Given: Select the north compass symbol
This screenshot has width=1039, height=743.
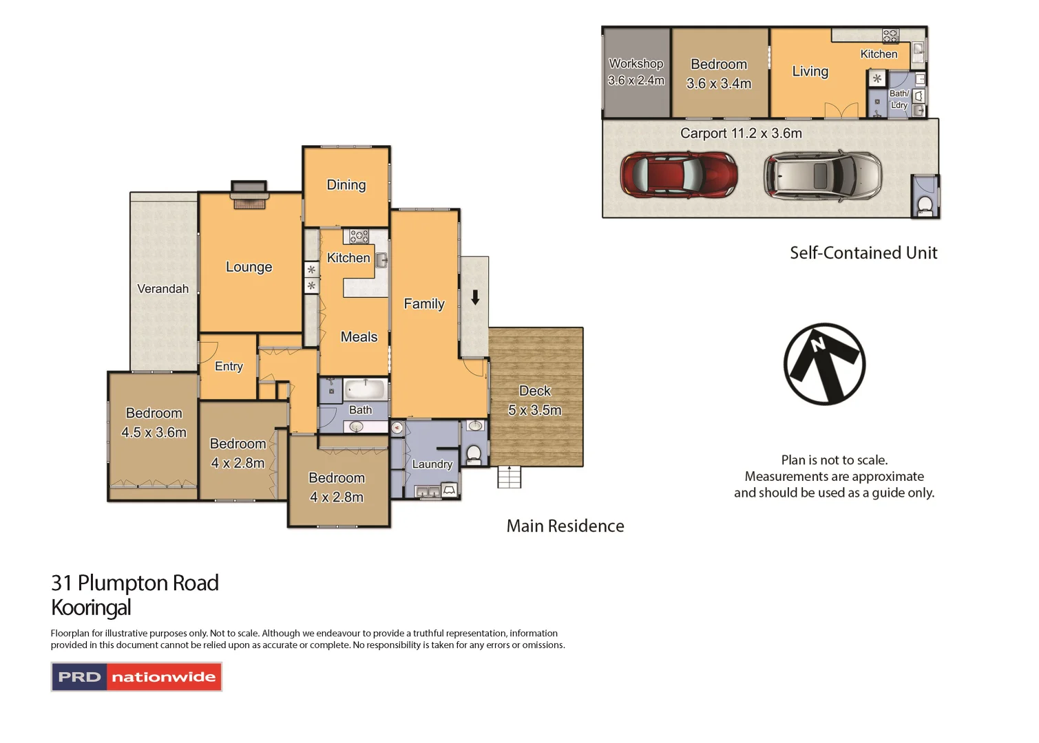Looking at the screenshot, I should click(x=824, y=364).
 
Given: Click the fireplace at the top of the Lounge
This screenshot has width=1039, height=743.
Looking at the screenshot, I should click(x=249, y=195).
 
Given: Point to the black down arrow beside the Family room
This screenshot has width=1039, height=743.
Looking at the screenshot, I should click(x=475, y=298).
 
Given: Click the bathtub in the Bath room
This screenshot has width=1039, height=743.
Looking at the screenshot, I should click(x=364, y=389).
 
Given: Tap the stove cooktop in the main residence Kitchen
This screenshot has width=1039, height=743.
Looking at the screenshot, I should click(x=359, y=237).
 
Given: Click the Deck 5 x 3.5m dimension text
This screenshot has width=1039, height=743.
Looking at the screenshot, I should click(x=534, y=410).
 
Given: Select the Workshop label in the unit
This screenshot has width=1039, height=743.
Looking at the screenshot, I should click(x=636, y=63).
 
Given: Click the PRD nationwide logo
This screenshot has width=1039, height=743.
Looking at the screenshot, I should click(x=136, y=677).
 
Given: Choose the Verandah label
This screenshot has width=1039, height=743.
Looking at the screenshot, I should click(x=162, y=289).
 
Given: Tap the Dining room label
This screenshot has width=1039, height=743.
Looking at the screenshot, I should click(x=346, y=184).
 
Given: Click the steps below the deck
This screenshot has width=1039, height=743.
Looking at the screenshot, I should click(x=510, y=477).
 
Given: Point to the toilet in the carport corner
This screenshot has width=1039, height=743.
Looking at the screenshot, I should click(x=925, y=204).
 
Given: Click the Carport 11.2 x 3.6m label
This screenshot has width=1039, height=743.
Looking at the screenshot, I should click(x=741, y=133).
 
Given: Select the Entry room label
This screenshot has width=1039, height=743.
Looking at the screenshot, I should click(x=229, y=367).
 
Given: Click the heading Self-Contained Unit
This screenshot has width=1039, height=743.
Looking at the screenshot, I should click(x=863, y=253).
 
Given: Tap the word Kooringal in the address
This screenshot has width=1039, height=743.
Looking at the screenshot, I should click(x=91, y=608).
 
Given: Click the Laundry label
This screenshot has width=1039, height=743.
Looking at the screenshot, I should click(x=432, y=464).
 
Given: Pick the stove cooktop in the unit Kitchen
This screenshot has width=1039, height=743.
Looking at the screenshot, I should click(x=890, y=36).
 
